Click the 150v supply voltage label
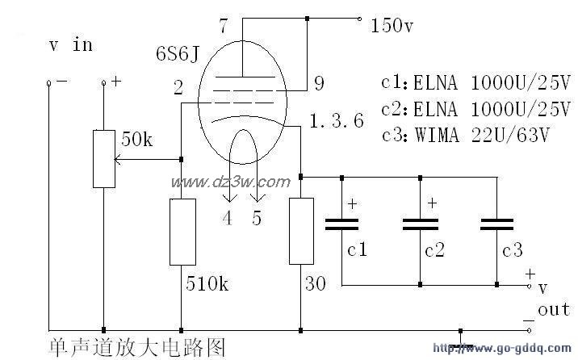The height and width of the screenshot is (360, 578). (392, 26)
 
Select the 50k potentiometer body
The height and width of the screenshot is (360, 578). (104, 157)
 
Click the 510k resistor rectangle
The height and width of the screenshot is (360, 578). (182, 232)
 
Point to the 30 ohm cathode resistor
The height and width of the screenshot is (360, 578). (300, 229)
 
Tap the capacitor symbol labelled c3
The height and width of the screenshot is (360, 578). (499, 223)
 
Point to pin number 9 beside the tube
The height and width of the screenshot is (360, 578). (319, 82)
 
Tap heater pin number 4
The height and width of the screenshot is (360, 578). (227, 218)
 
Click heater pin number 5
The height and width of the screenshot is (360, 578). (257, 218)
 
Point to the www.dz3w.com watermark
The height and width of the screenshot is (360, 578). (229, 182)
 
